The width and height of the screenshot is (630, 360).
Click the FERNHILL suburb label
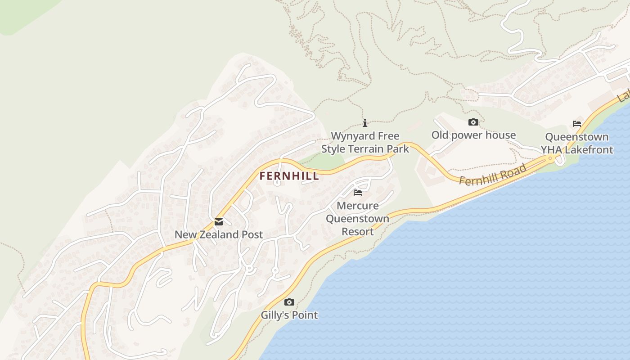tap(289, 176)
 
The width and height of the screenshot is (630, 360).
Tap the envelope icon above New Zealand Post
tap(219, 222)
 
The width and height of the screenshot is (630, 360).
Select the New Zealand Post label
tap(219, 234)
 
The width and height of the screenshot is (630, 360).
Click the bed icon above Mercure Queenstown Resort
tap(358, 193)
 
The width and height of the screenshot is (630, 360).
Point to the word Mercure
tap(358, 206)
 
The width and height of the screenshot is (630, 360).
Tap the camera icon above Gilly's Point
tap(289, 302)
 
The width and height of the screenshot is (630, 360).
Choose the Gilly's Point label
tap(289, 315)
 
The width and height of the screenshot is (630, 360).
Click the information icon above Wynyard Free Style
tap(365, 123)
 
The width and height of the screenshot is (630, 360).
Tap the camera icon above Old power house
tap(473, 122)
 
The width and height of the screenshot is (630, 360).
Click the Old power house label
tap(473, 135)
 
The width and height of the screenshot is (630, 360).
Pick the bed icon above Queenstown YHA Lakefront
tap(577, 124)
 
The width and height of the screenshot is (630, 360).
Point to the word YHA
tap(552, 149)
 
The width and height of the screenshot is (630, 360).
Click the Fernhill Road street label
tap(493, 174)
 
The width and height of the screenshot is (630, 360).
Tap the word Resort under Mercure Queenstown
tap(358, 231)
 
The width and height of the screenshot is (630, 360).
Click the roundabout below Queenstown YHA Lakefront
tap(550, 158)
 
